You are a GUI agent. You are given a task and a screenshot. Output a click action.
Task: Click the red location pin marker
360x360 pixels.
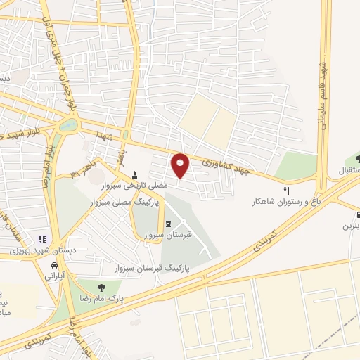pos(181,165)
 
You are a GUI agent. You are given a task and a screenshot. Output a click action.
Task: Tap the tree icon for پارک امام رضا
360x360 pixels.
pos(103,287)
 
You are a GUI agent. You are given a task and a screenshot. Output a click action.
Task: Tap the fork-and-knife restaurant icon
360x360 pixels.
pos(285,191)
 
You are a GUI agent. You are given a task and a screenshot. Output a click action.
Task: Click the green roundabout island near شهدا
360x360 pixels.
pos(68,126)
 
